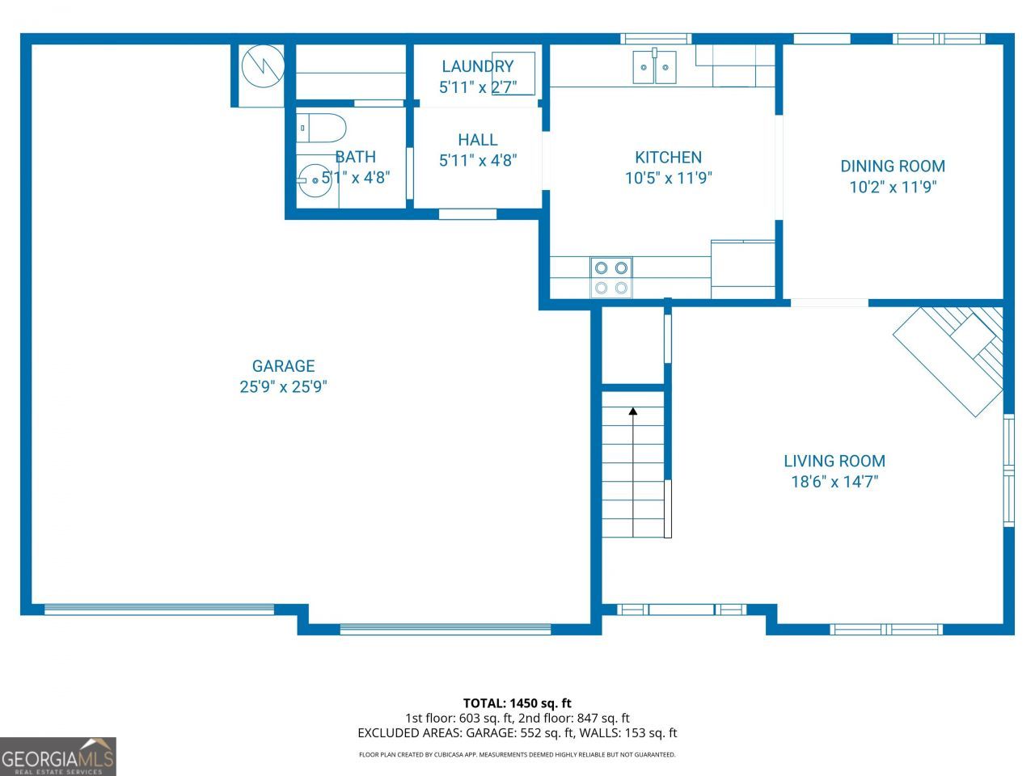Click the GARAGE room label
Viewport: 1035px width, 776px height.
[x=283, y=366]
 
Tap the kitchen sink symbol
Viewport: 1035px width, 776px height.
[x=654, y=66]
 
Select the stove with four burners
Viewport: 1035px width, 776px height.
[x=611, y=278]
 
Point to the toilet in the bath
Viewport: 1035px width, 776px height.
[x=321, y=128]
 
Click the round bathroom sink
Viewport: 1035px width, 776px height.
[x=314, y=179]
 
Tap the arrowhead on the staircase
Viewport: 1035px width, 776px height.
[x=633, y=411]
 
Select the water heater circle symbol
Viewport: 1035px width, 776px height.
[x=263, y=66]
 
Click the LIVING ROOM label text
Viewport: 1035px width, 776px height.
[x=834, y=461]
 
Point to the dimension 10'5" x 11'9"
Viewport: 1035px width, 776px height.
[x=668, y=178]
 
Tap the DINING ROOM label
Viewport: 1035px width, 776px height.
[x=893, y=166]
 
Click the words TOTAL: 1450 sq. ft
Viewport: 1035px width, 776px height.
[x=517, y=703]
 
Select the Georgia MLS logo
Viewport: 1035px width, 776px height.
[x=58, y=757]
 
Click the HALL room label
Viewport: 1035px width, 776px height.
[x=478, y=140]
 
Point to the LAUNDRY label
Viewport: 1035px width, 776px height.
[x=478, y=66]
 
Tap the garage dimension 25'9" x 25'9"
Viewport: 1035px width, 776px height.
[x=283, y=387]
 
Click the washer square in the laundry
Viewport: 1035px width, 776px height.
[x=513, y=74]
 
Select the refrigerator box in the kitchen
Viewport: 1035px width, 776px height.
[x=743, y=269]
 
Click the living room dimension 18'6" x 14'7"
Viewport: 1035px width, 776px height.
[x=834, y=482]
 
